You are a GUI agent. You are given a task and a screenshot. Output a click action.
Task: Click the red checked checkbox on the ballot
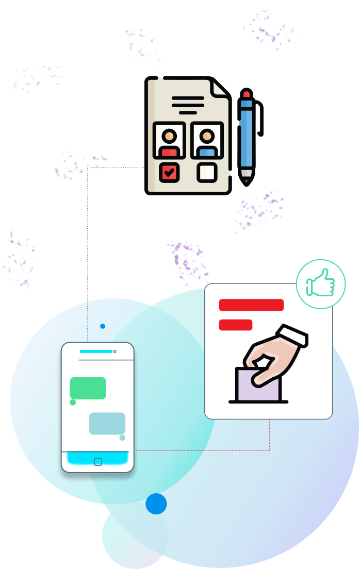pos(169,172)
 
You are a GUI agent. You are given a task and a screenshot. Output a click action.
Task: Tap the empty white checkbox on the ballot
pos(207,172)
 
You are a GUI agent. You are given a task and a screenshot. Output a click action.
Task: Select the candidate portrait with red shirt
pos(169,140)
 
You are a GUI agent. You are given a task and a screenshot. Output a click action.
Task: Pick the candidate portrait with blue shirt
pos(207,140)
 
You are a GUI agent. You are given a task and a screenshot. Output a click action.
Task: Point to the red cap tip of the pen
pos(247,94)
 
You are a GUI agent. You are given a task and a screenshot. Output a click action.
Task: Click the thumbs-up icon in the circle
pos(320,284)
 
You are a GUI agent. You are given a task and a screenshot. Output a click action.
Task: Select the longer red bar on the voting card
pos(251,305)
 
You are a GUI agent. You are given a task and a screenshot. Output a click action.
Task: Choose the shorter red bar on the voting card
pos(236,325)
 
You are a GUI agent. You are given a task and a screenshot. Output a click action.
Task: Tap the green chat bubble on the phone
pos(88,388)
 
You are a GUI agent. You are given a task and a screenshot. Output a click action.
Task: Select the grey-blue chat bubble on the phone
pos(107,423)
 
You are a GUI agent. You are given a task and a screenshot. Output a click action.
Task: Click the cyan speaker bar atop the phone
pos(96,351)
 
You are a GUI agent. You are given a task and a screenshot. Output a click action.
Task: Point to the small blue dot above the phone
pos(103,326)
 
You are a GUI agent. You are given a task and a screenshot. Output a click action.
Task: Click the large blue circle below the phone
pos(156,504)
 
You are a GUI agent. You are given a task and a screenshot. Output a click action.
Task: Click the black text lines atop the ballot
pos(188,105)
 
